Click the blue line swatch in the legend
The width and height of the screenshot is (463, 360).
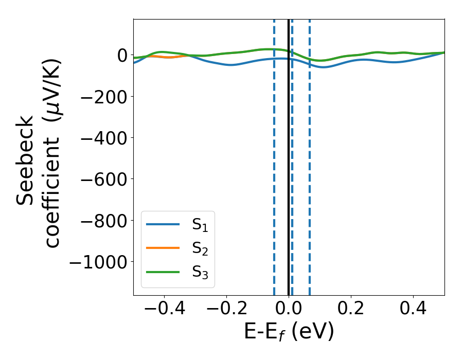pyautogui.click(x=163, y=224)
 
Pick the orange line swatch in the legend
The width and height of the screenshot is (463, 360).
pyautogui.click(x=163, y=248)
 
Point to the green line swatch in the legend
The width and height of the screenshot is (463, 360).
pyautogui.click(x=163, y=272)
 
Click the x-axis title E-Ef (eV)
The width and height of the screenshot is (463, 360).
pyautogui.click(x=289, y=332)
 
